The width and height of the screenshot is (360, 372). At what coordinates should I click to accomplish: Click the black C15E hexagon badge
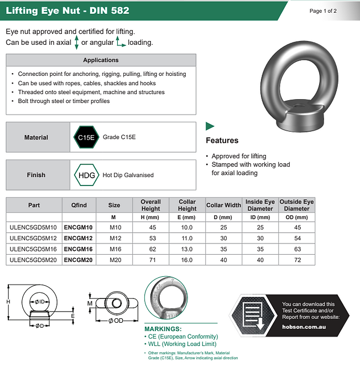pyautogui.click(x=86, y=137)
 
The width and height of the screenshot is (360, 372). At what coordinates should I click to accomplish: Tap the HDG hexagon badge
pyautogui.click(x=86, y=175)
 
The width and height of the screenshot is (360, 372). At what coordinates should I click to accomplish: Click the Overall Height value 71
pyautogui.click(x=150, y=259)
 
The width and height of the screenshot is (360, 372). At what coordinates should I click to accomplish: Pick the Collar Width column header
pyautogui.click(x=223, y=205)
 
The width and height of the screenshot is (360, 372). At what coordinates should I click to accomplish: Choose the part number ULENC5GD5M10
pyautogui.click(x=33, y=228)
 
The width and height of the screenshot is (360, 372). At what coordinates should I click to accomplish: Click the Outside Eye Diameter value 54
pyautogui.click(x=296, y=238)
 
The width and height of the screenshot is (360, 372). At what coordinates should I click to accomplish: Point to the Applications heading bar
pyautogui.click(x=101, y=60)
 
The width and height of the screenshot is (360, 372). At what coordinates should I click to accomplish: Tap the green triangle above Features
pyautogui.click(x=210, y=126)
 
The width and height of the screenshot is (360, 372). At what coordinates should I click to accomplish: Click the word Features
pyautogui.click(x=222, y=141)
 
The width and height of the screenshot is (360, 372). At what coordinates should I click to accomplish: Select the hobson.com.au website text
pyautogui.click(x=304, y=327)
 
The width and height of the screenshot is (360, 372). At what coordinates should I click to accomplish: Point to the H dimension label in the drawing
pyautogui.click(x=8, y=301)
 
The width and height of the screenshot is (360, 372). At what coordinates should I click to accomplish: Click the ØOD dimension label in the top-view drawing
pyautogui.click(x=115, y=322)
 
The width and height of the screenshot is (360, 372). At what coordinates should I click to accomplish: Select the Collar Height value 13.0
pyautogui.click(x=187, y=249)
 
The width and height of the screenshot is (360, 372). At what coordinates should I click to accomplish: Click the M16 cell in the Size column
pyautogui.click(x=114, y=249)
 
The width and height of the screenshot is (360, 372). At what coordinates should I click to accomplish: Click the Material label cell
pyautogui.click(x=36, y=137)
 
